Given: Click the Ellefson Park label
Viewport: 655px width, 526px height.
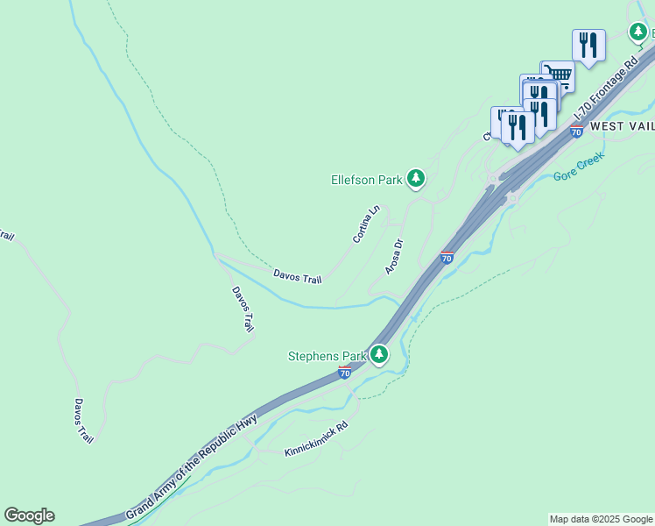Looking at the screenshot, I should (x=366, y=180).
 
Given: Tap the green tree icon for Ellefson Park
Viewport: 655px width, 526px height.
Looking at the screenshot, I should (x=416, y=180).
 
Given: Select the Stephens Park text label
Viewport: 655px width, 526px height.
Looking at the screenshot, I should (x=327, y=356).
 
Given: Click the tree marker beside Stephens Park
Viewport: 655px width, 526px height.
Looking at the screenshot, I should (x=378, y=355).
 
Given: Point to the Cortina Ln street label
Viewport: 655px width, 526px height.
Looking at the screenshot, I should (x=367, y=224).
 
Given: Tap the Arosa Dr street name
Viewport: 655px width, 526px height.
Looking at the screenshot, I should (x=392, y=255).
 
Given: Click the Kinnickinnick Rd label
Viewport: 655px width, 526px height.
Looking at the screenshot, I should (x=316, y=438).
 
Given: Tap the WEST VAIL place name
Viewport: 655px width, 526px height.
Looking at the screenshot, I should (x=622, y=126).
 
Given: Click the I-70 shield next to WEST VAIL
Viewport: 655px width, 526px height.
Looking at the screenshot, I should (x=576, y=131).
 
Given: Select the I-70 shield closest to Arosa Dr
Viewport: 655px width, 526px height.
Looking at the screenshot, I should (x=447, y=257).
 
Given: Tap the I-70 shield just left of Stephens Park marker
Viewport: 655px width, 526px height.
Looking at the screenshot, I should (x=345, y=373).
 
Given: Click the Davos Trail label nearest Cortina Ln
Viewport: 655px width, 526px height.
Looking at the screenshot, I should (x=297, y=277).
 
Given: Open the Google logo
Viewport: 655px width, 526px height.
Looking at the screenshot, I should (x=29, y=515).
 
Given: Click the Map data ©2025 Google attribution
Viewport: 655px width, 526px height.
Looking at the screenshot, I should (x=601, y=519).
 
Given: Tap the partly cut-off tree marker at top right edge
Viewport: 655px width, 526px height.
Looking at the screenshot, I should (x=638, y=32).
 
